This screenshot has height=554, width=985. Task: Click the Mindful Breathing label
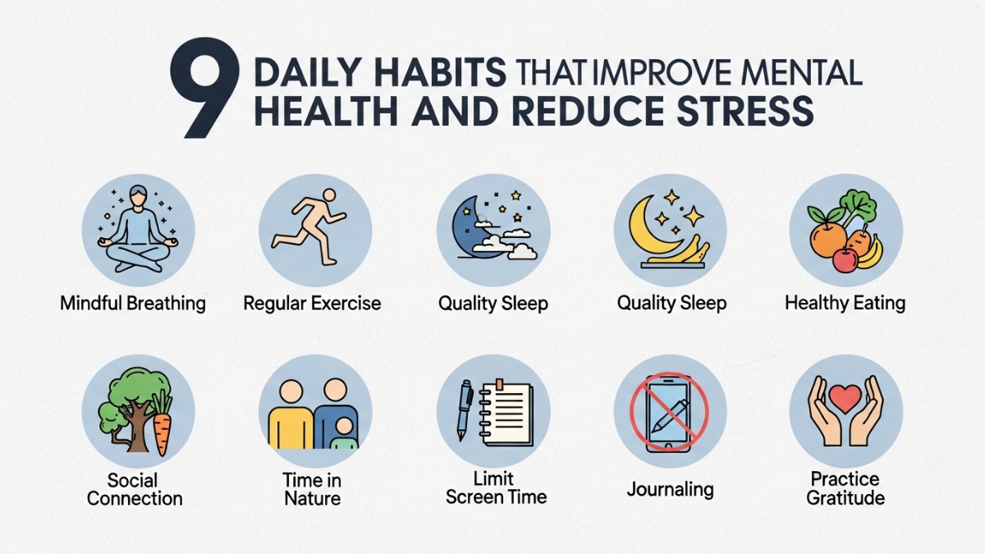[133, 304]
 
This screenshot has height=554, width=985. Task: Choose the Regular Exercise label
[313, 304]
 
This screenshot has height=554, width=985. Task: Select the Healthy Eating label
[845, 304]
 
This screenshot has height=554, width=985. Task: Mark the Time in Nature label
[313, 488]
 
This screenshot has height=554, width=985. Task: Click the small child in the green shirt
[344, 433]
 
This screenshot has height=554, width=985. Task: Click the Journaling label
[670, 490]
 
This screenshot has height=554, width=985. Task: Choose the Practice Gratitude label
[845, 488]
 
